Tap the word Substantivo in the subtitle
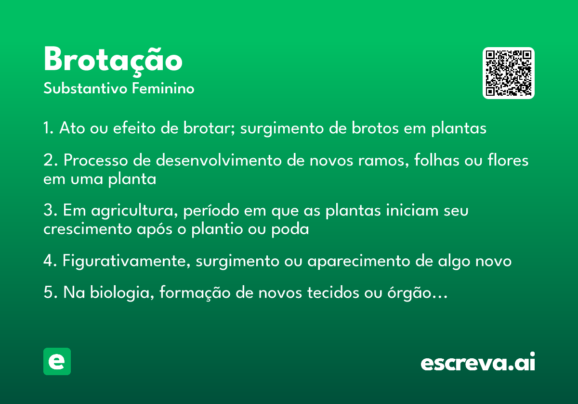pyautogui.click(x=85, y=88)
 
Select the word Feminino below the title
pyautogui.click(x=163, y=88)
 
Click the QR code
pyautogui.click(x=508, y=73)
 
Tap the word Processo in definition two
pyautogui.click(x=96, y=160)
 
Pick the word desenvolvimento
pyautogui.click(x=219, y=160)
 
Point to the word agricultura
pyautogui.click(x=134, y=211)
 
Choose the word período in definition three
pyautogui.click(x=211, y=211)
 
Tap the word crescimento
pyautogui.click(x=88, y=229)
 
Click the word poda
pyautogui.click(x=290, y=229)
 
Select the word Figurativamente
pyautogui.click(x=126, y=261)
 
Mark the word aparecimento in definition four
pyautogui.click(x=359, y=261)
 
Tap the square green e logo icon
pyautogui.click(x=57, y=361)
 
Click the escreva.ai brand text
pyautogui.click(x=478, y=362)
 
